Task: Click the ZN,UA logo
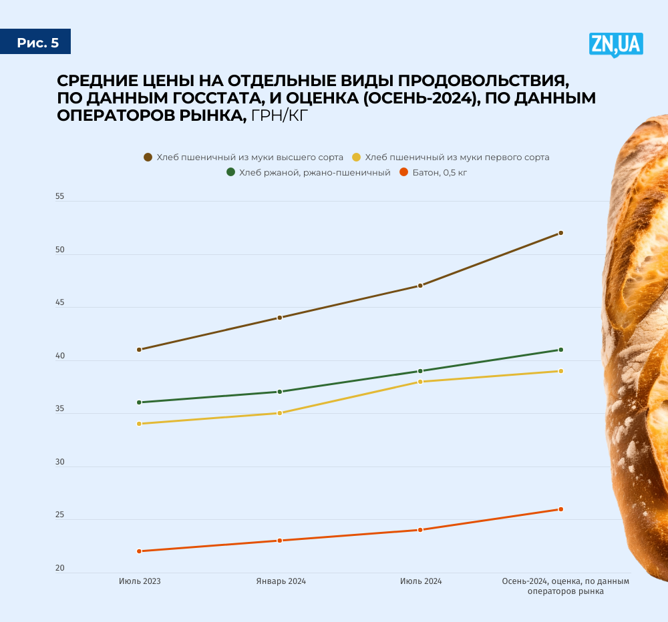tap(615, 44)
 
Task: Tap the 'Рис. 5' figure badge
tap(37, 43)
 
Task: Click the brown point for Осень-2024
tap(560, 233)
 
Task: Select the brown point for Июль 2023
tap(139, 350)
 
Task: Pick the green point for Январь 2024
tap(280, 392)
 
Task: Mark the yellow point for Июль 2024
tap(420, 382)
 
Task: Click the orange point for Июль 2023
tap(139, 551)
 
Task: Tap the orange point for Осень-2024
tap(560, 509)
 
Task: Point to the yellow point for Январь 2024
tap(280, 413)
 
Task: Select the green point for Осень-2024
tap(560, 350)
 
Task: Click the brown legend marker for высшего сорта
tap(148, 158)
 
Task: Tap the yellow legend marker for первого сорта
tap(356, 158)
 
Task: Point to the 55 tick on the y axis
tap(60, 197)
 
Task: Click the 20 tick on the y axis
tap(60, 569)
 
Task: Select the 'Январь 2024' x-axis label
tap(281, 581)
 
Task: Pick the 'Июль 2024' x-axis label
tap(421, 581)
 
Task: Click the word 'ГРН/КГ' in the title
tap(280, 115)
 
